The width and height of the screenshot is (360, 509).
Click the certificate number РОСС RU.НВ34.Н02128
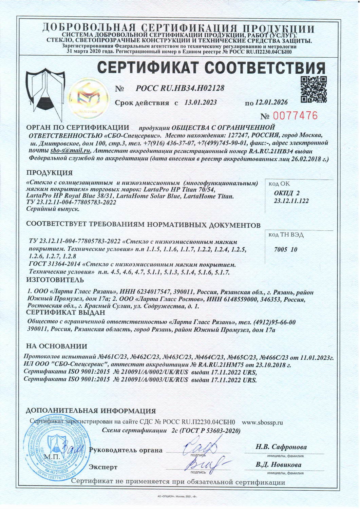(x=180, y=88)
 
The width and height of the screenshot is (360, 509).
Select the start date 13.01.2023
(x=201, y=102)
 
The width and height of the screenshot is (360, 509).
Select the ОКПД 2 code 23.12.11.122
(x=291, y=201)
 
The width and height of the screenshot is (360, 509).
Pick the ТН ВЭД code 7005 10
(x=285, y=249)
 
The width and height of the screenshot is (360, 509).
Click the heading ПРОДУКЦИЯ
(x=50, y=173)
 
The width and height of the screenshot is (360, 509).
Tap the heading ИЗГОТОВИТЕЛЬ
(x=55, y=280)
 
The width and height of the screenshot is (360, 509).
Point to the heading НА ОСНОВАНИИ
(x=57, y=346)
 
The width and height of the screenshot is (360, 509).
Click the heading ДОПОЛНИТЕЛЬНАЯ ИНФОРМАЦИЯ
(x=91, y=411)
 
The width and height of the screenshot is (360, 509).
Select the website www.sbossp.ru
(x=262, y=422)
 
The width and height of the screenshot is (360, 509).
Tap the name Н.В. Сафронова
(x=281, y=447)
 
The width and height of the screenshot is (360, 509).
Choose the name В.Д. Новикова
(x=278, y=465)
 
